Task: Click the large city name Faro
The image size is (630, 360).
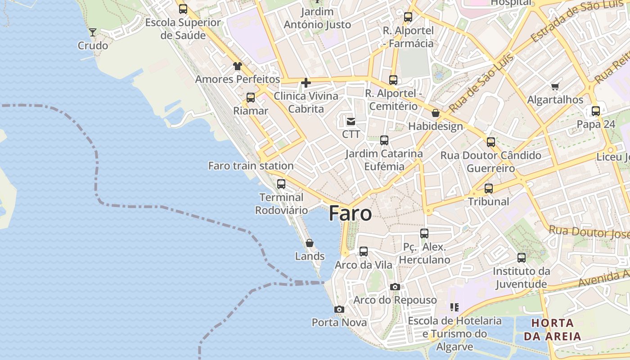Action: coord(350,213)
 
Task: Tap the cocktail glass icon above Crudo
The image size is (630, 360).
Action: coord(93,32)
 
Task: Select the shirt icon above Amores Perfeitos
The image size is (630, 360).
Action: coord(238,66)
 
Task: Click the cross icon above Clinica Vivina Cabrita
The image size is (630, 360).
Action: coord(306,83)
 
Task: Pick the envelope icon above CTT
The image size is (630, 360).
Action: coord(351,121)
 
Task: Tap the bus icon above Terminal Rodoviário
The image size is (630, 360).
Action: coord(281,184)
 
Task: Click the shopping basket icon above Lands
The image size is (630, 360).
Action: coord(310,243)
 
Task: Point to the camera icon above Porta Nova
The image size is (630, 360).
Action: coord(339,309)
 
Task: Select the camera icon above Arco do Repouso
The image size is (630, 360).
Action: coord(395,287)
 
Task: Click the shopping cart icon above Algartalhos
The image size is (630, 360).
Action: coord(555,86)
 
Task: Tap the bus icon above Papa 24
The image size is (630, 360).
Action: coord(596,111)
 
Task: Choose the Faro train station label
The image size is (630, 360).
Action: coord(251,166)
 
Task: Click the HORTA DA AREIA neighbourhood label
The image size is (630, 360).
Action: coord(553,329)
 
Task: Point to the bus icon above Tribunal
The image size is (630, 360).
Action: coord(489,188)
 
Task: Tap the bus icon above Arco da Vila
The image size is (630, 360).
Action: coord(364,252)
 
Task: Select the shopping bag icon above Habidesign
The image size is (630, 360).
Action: coord(435,113)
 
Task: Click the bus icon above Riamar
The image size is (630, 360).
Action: coord(251,97)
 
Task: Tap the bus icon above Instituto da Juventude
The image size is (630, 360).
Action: coord(522,258)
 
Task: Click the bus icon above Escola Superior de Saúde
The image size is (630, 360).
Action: coord(183,9)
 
